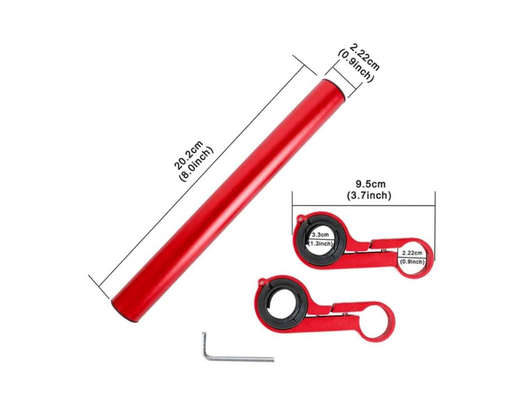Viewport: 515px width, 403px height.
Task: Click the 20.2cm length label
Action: point(189,154)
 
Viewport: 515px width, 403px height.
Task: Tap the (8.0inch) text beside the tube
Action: point(196,162)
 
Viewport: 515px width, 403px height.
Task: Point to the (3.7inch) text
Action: point(369,195)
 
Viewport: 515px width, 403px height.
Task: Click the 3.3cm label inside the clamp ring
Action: point(320,235)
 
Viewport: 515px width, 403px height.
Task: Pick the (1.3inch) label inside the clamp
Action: point(320,243)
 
